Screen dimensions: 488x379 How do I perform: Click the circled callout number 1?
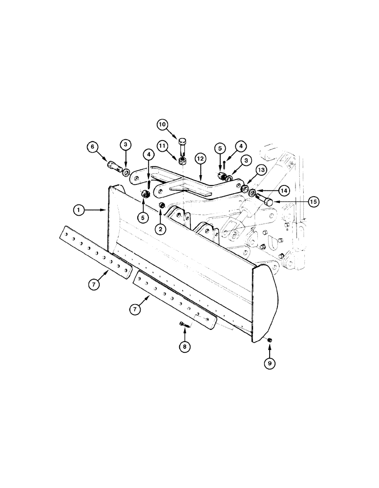tap(79, 210)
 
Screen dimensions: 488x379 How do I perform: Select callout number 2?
tap(161, 228)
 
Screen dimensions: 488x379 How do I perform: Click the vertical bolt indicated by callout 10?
tap(182, 146)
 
